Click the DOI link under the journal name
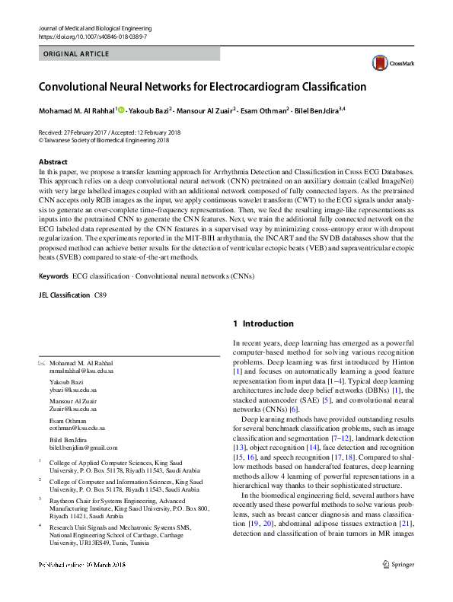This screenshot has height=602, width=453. pos(92,37)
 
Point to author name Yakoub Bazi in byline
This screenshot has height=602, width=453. pos(148,111)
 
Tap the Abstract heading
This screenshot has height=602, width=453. pos(53,162)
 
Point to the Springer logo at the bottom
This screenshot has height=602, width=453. pos(404,564)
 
